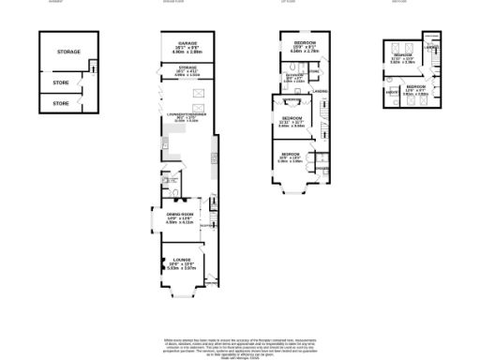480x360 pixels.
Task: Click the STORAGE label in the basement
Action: pyautogui.click(x=67, y=52)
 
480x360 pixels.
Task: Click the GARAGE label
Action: pyautogui.click(x=187, y=43)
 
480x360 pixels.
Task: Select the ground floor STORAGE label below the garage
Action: pyautogui.click(x=187, y=67)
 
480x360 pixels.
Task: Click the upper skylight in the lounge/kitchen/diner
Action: pyautogui.click(x=198, y=92)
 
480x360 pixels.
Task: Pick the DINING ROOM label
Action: pyautogui.click(x=179, y=215)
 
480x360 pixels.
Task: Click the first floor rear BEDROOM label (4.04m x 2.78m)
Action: pyautogui.click(x=303, y=44)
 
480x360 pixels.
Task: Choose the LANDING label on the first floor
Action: pyautogui.click(x=320, y=91)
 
